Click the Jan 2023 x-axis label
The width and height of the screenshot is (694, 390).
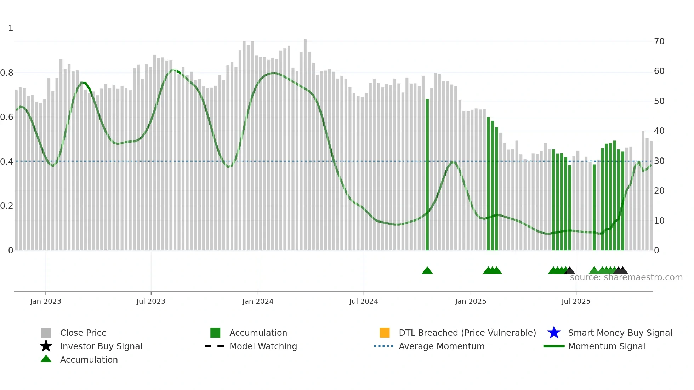point(46,301)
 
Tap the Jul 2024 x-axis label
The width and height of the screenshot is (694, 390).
point(364,301)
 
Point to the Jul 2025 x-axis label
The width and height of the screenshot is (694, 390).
point(576,301)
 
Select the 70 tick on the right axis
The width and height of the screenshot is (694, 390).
point(659,41)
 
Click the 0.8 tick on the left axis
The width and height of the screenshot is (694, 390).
point(7,73)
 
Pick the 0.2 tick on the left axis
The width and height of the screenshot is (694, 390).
point(7,206)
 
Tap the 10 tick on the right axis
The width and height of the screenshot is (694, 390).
point(659,221)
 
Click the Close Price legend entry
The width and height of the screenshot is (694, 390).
point(83,333)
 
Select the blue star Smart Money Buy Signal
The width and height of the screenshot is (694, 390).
point(554,333)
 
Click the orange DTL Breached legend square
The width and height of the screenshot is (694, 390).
point(385,333)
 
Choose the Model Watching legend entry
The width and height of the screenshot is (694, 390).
point(263,346)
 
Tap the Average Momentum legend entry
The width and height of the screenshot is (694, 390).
point(441,346)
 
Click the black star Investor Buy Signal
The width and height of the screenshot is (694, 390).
point(46,346)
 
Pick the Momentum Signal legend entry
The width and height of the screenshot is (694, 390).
point(606,346)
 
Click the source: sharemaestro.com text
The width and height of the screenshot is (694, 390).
point(626,277)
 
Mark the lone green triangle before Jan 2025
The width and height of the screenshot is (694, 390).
point(427,271)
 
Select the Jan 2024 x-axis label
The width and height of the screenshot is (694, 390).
point(258,301)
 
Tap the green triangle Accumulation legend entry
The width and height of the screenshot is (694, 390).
point(89,360)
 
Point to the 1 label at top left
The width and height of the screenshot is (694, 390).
point(11,28)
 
